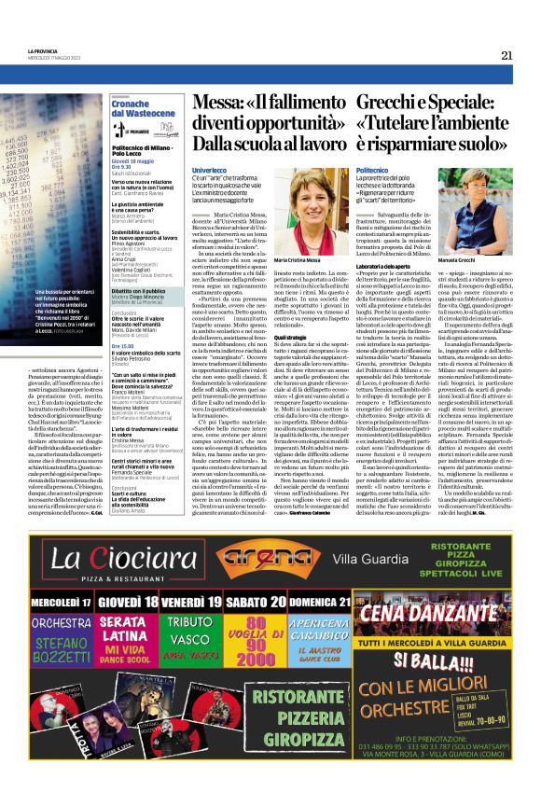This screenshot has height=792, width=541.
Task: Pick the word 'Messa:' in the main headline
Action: (216, 101)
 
